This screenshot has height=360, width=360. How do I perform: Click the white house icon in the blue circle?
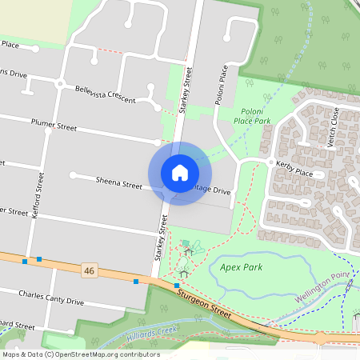179,173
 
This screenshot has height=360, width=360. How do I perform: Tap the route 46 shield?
89,272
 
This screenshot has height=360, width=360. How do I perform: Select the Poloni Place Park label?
252,116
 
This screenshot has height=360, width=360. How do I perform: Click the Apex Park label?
241,268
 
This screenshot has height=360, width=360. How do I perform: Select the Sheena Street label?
118,183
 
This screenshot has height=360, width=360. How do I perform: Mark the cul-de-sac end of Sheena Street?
73,174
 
